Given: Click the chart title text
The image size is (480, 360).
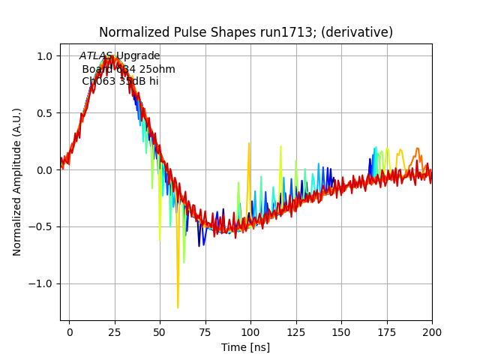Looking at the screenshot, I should pyautogui.click(x=246, y=32).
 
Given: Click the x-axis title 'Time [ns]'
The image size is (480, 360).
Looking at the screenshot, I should pyautogui.click(x=245, y=347).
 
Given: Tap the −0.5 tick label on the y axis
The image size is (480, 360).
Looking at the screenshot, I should pyautogui.click(x=43, y=227).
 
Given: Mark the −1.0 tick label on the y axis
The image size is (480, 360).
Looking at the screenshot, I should pyautogui.click(x=43, y=284).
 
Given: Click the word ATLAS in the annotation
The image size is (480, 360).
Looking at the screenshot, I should pyautogui.click(x=96, y=56).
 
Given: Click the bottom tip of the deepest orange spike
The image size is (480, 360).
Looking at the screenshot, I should pyautogui.click(x=178, y=307).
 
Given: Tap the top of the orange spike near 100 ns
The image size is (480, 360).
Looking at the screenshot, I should pyautogui.click(x=249, y=142).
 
